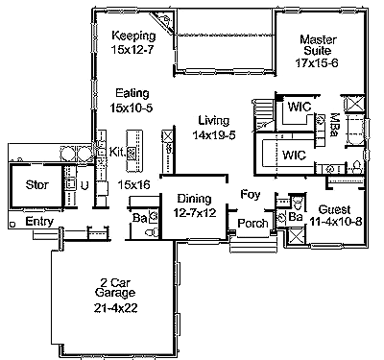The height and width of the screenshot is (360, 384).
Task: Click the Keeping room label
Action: click(133, 36)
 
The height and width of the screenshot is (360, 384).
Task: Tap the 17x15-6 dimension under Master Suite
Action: click(317, 62)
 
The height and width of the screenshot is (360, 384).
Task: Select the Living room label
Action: click(214, 121)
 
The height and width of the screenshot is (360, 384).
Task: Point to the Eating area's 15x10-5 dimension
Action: click(132, 108)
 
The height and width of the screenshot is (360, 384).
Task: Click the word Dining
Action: click(194, 199)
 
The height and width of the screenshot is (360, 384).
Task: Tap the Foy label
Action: click(251, 195)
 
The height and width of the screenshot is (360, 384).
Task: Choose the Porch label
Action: click(252, 223)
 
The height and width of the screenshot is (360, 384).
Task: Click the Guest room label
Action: click(334, 209)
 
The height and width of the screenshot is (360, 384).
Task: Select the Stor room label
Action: click(37, 184)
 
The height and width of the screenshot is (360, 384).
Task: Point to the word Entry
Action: click(39, 222)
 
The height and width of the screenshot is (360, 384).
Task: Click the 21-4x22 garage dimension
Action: click(115, 308)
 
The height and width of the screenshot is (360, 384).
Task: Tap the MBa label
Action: click(335, 125)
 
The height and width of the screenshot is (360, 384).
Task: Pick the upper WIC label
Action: click(300, 107)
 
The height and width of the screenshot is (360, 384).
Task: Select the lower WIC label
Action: click(294, 156)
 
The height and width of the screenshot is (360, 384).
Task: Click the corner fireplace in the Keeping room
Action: click(162, 21)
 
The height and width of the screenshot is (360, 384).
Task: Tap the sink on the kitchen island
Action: click(132, 153)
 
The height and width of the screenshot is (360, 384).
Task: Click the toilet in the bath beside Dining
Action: click(152, 231)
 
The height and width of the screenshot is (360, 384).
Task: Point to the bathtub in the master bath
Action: click(354, 132)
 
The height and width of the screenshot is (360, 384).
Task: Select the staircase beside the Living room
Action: click(264, 114)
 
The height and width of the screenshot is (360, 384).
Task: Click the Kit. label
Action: click(117, 152)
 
